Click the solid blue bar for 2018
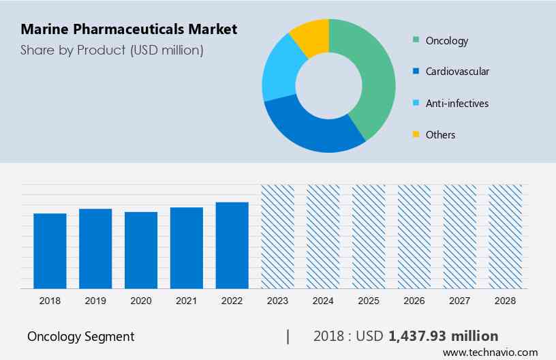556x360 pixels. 50,251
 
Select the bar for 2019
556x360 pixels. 95,248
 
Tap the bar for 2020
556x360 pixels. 141,250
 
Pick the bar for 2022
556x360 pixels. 232,245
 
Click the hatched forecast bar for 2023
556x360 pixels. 277,236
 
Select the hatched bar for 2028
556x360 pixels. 505,236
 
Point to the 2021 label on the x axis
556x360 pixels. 186,301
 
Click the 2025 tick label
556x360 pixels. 369,301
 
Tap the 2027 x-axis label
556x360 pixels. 460,301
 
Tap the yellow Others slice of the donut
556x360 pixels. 310,37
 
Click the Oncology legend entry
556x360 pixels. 446,41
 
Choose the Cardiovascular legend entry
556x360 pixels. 457,72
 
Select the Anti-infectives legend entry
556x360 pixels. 457,104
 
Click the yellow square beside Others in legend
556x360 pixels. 415,135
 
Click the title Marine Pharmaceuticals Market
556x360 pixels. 129,29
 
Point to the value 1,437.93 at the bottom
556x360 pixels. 419,336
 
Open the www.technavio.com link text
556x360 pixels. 490,352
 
